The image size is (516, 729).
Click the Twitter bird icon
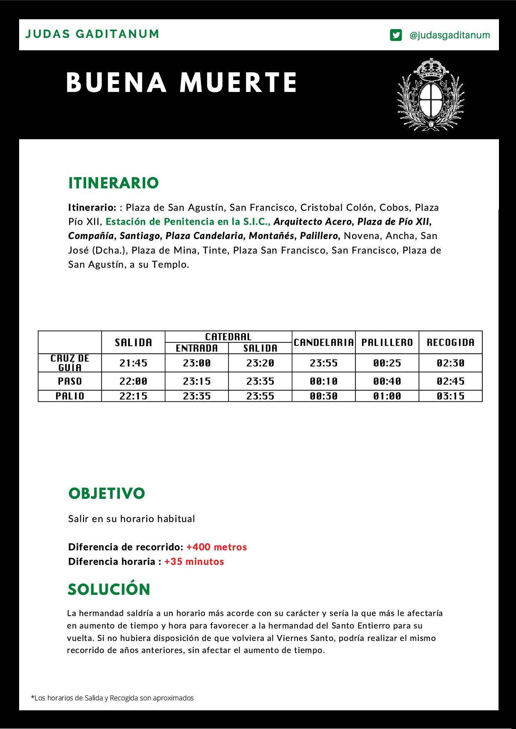tap(396, 35)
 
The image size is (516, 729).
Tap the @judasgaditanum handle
tap(449, 35)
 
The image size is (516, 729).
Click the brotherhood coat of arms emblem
tap(431, 94)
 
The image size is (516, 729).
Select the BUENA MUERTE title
tap(181, 82)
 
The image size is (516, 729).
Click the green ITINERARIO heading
tap(113, 183)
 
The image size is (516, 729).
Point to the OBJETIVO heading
tap(107, 493)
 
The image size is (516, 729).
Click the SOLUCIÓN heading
tap(109, 589)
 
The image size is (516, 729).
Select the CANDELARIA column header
tap(324, 342)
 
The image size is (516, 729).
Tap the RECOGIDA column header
tap(451, 342)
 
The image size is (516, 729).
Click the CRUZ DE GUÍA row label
tap(70, 363)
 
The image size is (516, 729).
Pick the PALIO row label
tap(70, 396)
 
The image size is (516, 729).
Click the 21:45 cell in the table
tap(133, 363)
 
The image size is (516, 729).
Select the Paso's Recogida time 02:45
tap(451, 381)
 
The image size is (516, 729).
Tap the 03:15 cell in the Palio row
tap(451, 396)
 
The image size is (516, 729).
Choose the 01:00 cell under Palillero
tap(387, 396)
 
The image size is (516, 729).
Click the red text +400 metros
tap(216, 547)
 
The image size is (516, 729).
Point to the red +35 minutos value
tap(194, 562)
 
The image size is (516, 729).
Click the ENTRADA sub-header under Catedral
tap(197, 348)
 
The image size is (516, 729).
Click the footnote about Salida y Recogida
tap(112, 698)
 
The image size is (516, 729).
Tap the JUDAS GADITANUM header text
tap(92, 34)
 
